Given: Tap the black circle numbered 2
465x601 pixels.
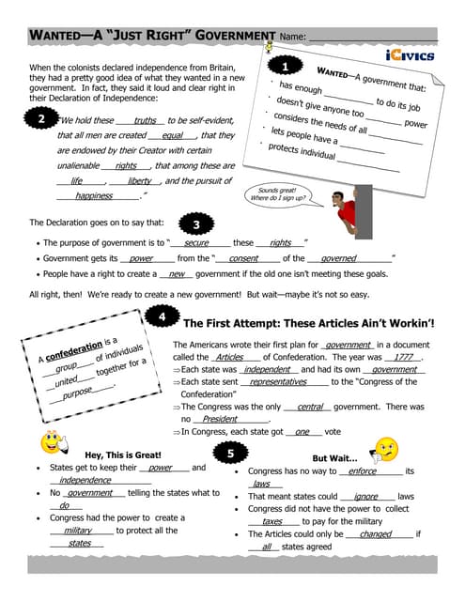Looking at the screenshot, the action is point(41,119).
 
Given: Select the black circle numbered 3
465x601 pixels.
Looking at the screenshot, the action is point(194,224).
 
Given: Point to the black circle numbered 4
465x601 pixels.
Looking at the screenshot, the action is point(162,317).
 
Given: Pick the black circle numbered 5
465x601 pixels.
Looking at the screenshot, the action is point(231,454).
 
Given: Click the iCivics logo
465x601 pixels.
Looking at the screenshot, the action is point(410,55).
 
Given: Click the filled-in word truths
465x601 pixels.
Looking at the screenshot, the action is point(145,120).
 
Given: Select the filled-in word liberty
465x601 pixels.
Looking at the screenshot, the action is point(139,180).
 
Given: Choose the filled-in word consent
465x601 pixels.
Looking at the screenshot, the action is point(243,257).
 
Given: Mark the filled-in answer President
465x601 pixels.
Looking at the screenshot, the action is point(220,419).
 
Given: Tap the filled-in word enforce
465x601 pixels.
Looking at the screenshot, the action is point(362,470).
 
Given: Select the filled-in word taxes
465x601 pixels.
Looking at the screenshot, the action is point(272,520).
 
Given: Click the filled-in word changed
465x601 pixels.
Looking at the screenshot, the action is point(375,533).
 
